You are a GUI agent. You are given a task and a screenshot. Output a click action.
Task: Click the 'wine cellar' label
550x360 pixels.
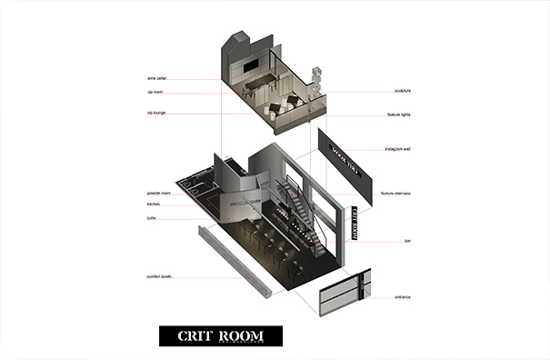point(155,79)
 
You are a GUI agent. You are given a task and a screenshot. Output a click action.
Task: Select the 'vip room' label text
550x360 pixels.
point(155,93)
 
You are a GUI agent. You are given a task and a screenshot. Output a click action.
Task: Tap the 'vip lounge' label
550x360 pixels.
point(156,114)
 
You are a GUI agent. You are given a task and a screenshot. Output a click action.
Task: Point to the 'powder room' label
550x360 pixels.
point(159,194)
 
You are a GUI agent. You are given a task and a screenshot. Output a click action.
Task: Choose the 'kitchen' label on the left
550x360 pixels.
point(154,205)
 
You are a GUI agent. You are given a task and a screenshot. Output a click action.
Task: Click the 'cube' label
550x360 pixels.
point(152,218)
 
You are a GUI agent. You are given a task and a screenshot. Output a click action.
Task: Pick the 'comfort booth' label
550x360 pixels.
point(159,276)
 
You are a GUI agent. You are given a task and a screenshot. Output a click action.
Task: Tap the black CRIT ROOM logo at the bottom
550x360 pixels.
point(220,335)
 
